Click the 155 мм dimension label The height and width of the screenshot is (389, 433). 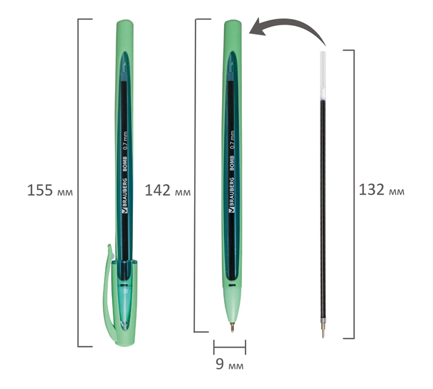[50, 190]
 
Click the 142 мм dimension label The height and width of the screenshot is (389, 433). [168, 190]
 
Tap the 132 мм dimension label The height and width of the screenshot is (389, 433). [382, 190]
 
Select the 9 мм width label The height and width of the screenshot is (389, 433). [229, 364]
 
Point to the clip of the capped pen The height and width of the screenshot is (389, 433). [108, 292]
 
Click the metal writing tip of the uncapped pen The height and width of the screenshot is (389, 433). [232, 327]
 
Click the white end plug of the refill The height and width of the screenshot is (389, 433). [322, 75]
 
